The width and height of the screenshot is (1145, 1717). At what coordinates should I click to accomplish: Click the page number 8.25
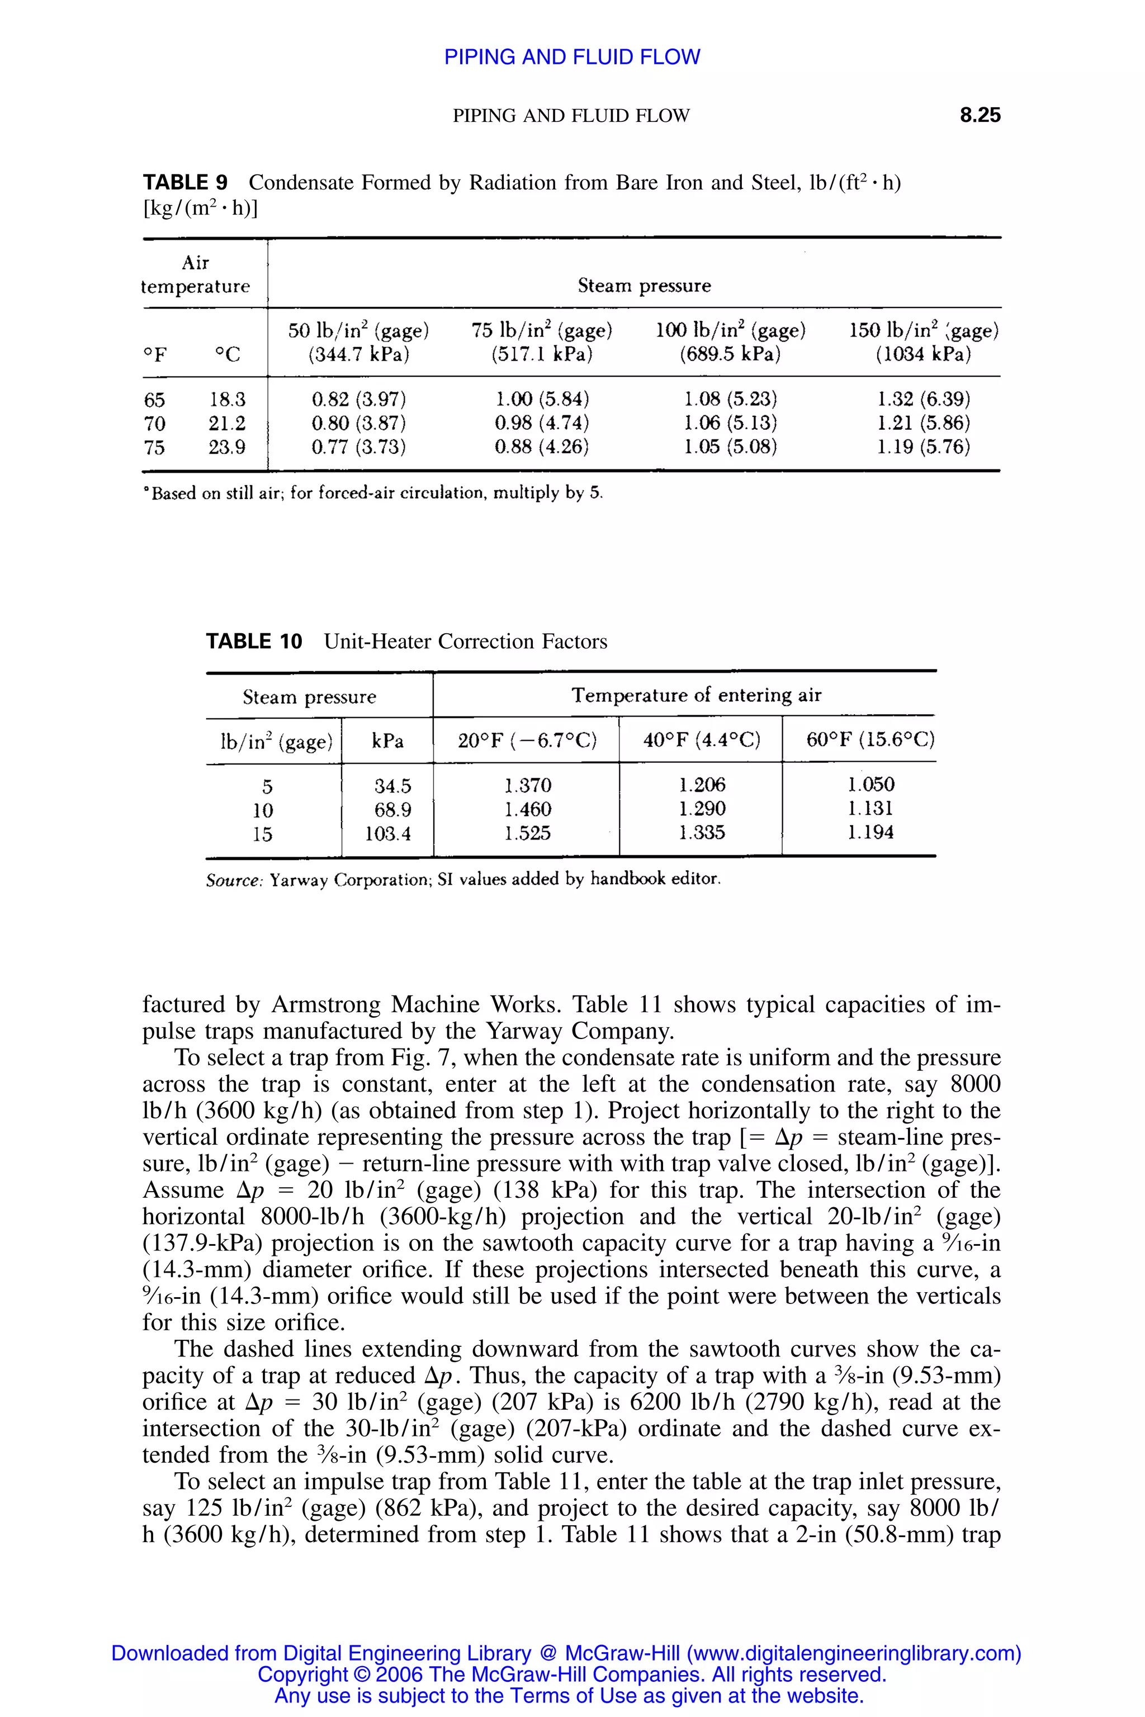point(980,115)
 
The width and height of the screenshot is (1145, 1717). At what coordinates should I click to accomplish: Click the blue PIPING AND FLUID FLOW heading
point(572,57)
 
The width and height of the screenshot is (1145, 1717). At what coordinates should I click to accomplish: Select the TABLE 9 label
point(184,183)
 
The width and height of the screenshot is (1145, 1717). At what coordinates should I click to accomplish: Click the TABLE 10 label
point(253,642)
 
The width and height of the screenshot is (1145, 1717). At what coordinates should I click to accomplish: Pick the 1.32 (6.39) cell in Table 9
point(923,399)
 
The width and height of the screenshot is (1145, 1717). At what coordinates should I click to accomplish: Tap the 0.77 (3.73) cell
point(358,447)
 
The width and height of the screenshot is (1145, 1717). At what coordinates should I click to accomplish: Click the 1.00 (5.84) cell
point(541,399)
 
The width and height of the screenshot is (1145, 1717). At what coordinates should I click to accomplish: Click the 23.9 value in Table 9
point(227,447)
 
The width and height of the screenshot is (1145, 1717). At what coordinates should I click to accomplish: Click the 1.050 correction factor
point(870,785)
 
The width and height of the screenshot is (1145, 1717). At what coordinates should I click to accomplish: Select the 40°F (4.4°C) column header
point(701,741)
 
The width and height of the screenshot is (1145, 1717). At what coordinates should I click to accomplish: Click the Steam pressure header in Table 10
point(309,697)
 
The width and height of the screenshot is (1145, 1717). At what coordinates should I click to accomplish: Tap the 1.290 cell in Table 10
point(701,809)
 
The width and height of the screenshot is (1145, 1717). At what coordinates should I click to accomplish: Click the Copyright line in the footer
point(572,1675)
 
